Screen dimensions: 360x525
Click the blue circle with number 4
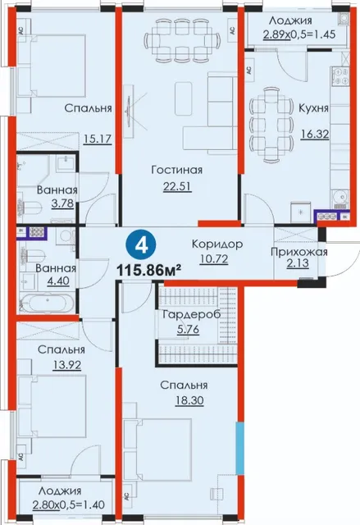tap(141, 246)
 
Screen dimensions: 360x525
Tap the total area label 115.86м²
tap(149, 269)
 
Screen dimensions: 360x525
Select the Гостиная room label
tap(176, 170)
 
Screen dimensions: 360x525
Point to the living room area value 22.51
tap(177, 186)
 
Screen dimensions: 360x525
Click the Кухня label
tap(313, 108)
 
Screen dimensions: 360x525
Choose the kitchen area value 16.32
tap(314, 135)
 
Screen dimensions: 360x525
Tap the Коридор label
tap(217, 244)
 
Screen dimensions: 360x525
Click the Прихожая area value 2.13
tap(297, 264)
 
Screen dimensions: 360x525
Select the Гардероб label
tap(191, 315)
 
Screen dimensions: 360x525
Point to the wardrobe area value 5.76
tap(188, 330)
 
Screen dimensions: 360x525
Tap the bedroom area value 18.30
tap(189, 400)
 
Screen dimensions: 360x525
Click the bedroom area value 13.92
tap(66, 364)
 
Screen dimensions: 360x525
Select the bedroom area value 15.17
tap(98, 139)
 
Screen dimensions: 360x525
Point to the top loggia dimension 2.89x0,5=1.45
tap(299, 34)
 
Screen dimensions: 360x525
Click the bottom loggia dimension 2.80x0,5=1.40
tap(68, 504)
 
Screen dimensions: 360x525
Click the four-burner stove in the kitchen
tap(340, 75)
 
